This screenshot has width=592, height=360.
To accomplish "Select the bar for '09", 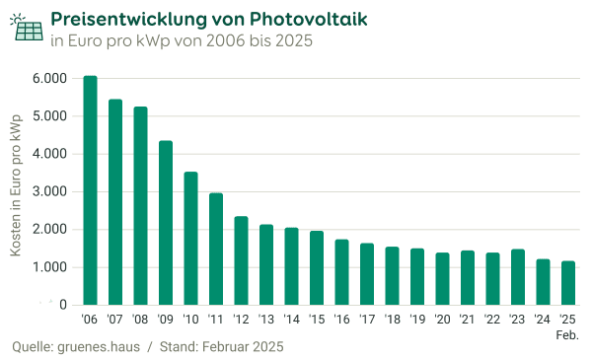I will (167, 223).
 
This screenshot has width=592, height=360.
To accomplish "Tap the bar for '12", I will (242, 261).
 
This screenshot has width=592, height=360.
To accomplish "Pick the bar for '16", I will (342, 272).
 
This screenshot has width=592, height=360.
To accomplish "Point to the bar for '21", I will (469, 278).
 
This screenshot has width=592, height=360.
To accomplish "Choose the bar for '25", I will (569, 283).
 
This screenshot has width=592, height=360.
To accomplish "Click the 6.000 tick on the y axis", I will (49, 78).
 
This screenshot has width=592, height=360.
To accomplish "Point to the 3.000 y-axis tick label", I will (49, 191).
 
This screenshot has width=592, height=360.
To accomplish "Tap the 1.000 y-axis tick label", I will (49, 267).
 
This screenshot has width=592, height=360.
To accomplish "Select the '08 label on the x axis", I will (141, 319).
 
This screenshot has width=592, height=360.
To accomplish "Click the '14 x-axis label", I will (292, 319).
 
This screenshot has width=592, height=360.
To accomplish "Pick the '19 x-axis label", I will (418, 319).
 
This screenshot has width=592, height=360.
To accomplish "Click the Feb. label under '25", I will (567, 335).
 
